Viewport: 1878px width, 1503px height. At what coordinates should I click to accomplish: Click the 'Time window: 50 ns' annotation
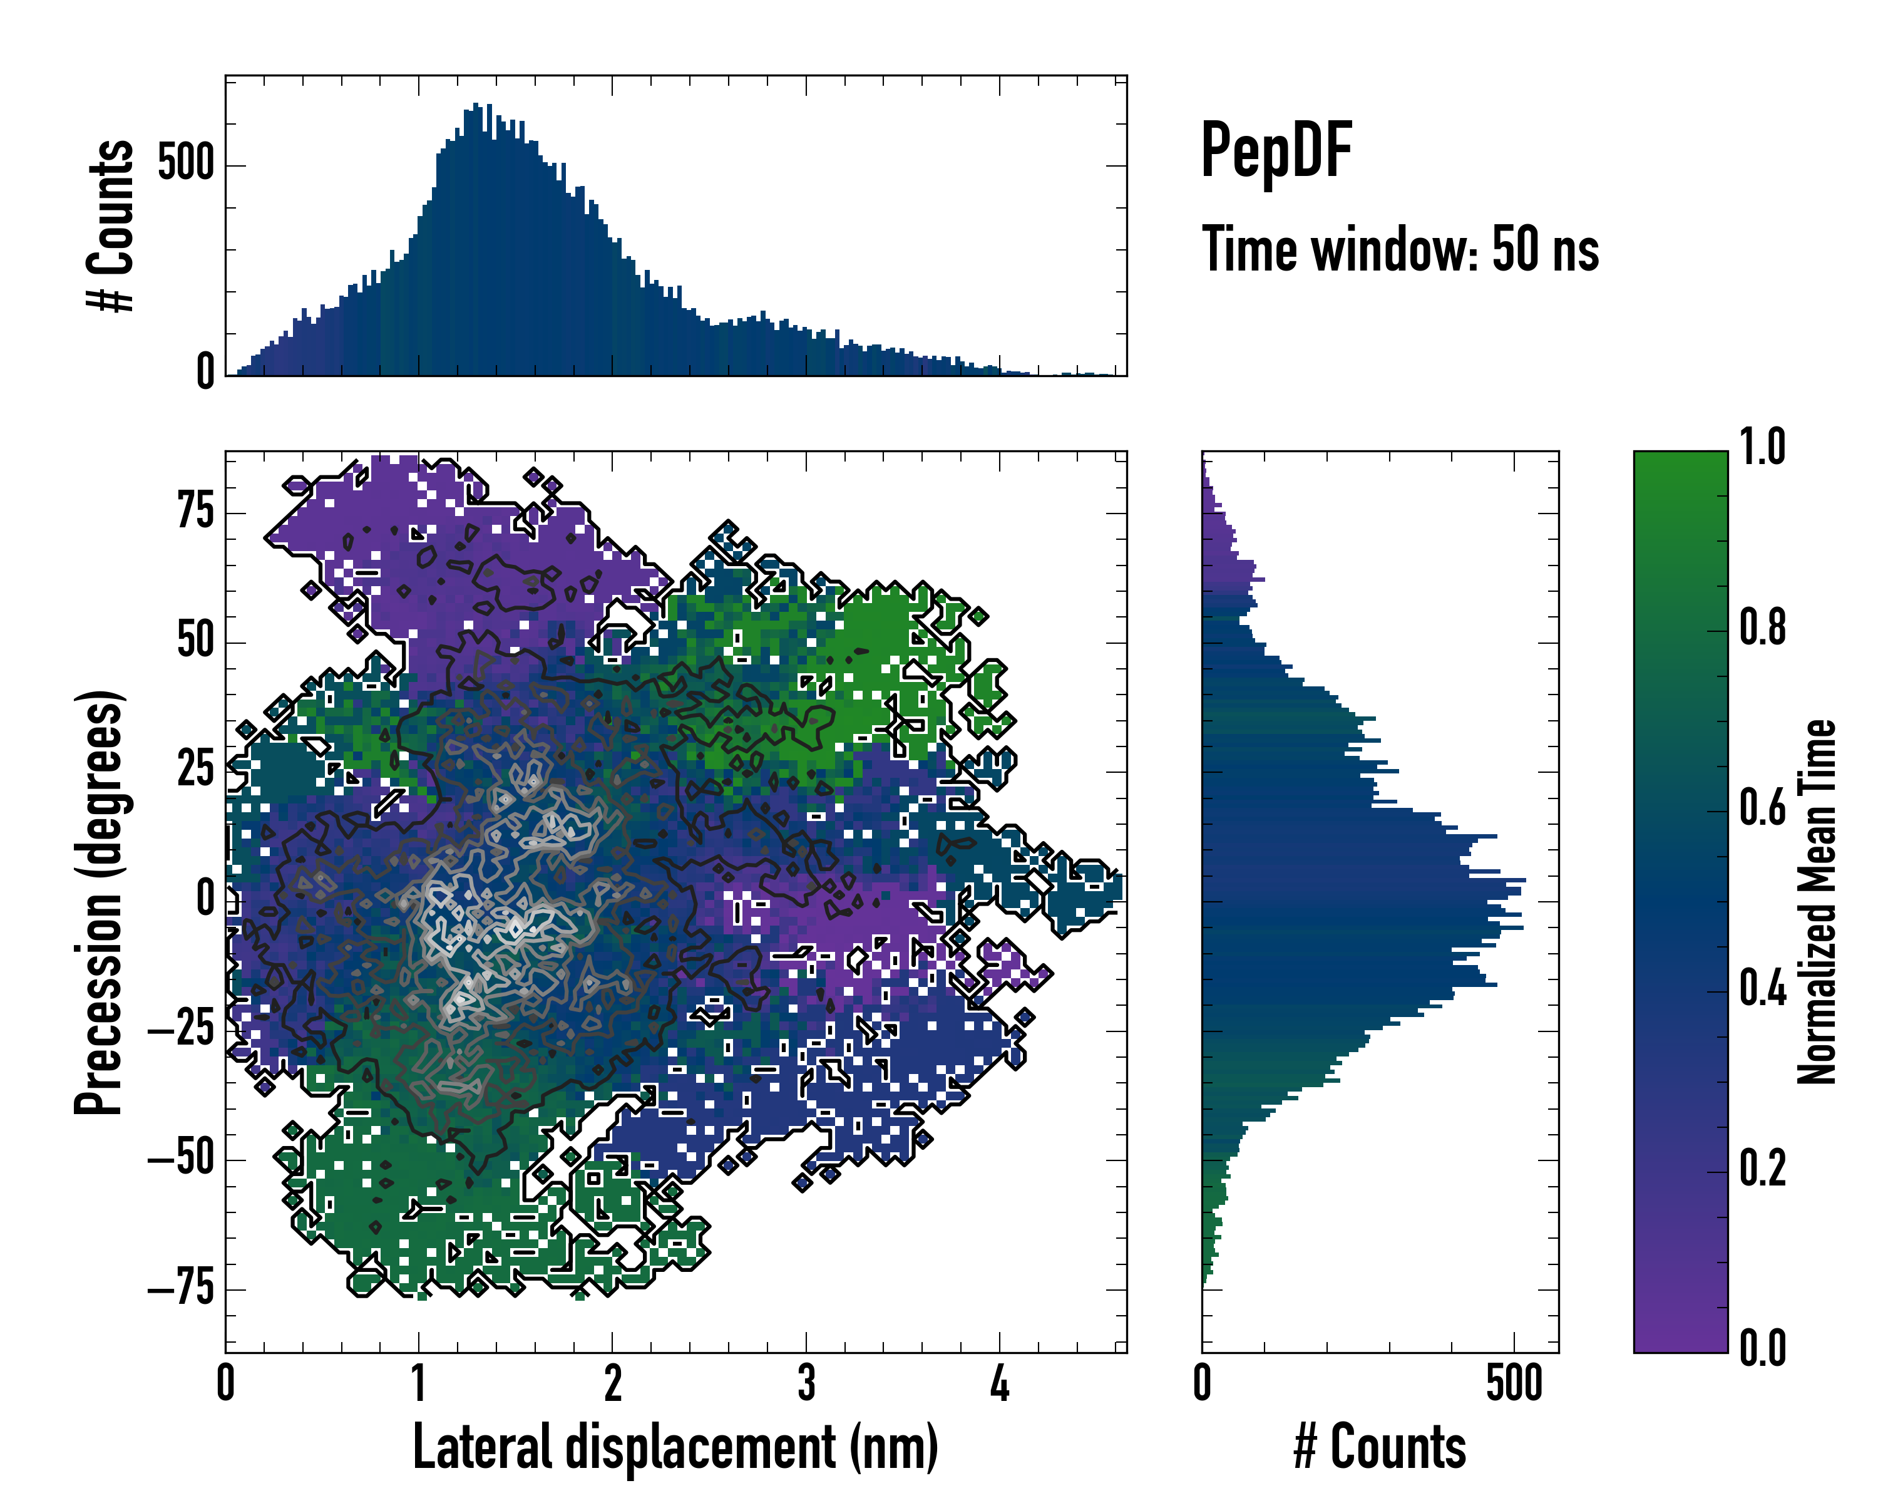[x=1400, y=249]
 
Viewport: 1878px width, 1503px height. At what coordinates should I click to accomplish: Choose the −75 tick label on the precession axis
[x=181, y=1289]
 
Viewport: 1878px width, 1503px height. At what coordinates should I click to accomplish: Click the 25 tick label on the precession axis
[x=195, y=770]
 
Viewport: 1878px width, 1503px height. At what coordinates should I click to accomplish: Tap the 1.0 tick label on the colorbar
[x=1763, y=447]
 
